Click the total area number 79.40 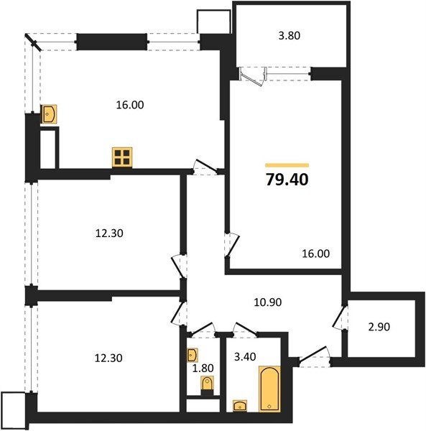[287, 180]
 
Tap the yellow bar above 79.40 [287, 164]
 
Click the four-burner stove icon [122, 157]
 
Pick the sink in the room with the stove [50, 114]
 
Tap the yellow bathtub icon [269, 389]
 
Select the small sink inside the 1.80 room [192, 356]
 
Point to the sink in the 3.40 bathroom [239, 407]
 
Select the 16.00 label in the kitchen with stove [130, 105]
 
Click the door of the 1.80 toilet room [205, 330]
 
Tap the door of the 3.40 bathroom [244, 330]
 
